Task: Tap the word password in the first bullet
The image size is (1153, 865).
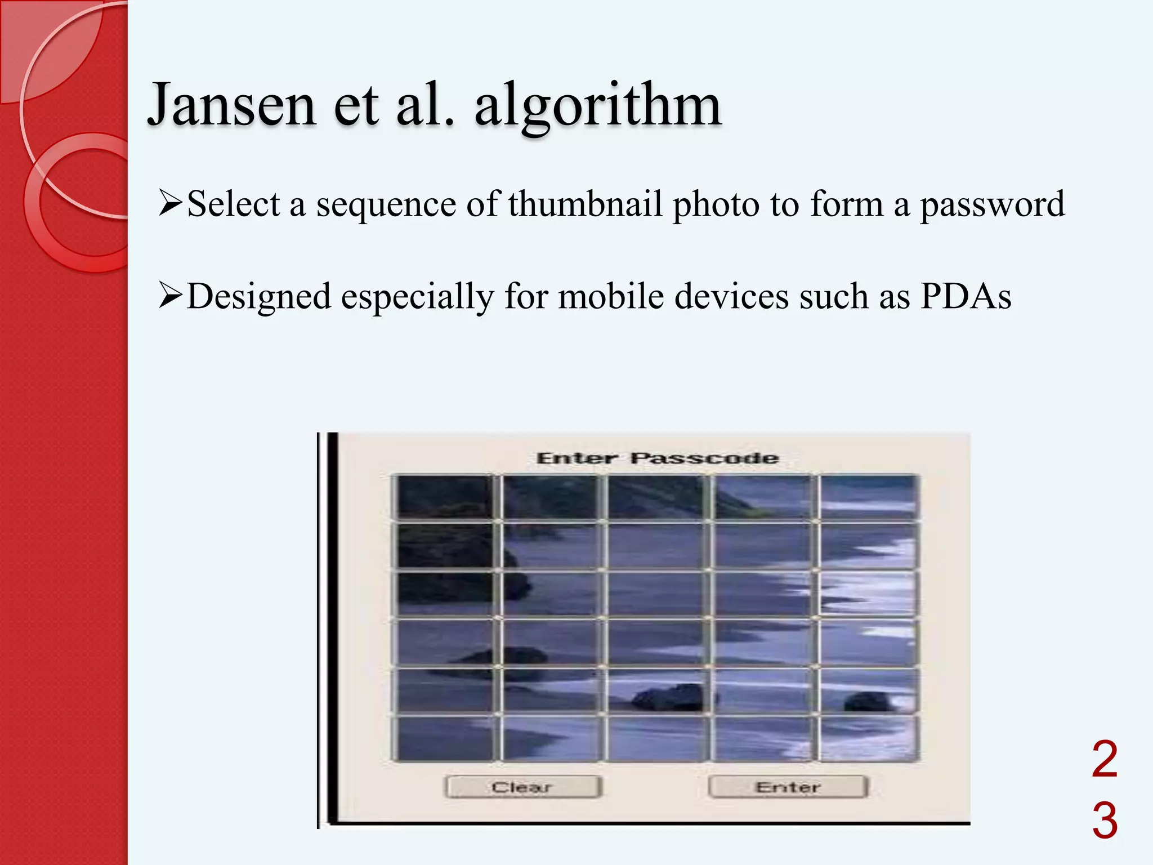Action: pos(992,205)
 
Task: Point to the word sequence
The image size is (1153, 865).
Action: pos(386,205)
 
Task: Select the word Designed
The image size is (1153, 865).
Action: pos(258,297)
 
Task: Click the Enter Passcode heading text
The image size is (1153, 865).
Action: pos(657,458)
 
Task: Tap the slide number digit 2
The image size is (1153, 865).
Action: pos(1104,760)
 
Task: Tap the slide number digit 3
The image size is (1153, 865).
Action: pos(1104,821)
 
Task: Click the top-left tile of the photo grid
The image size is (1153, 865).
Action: pos(445,497)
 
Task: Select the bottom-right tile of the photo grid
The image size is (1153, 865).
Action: pos(869,738)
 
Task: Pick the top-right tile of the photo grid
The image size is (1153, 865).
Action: pos(869,497)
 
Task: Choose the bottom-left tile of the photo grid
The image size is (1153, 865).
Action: pos(445,738)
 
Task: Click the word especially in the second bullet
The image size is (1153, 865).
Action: pos(417,297)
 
